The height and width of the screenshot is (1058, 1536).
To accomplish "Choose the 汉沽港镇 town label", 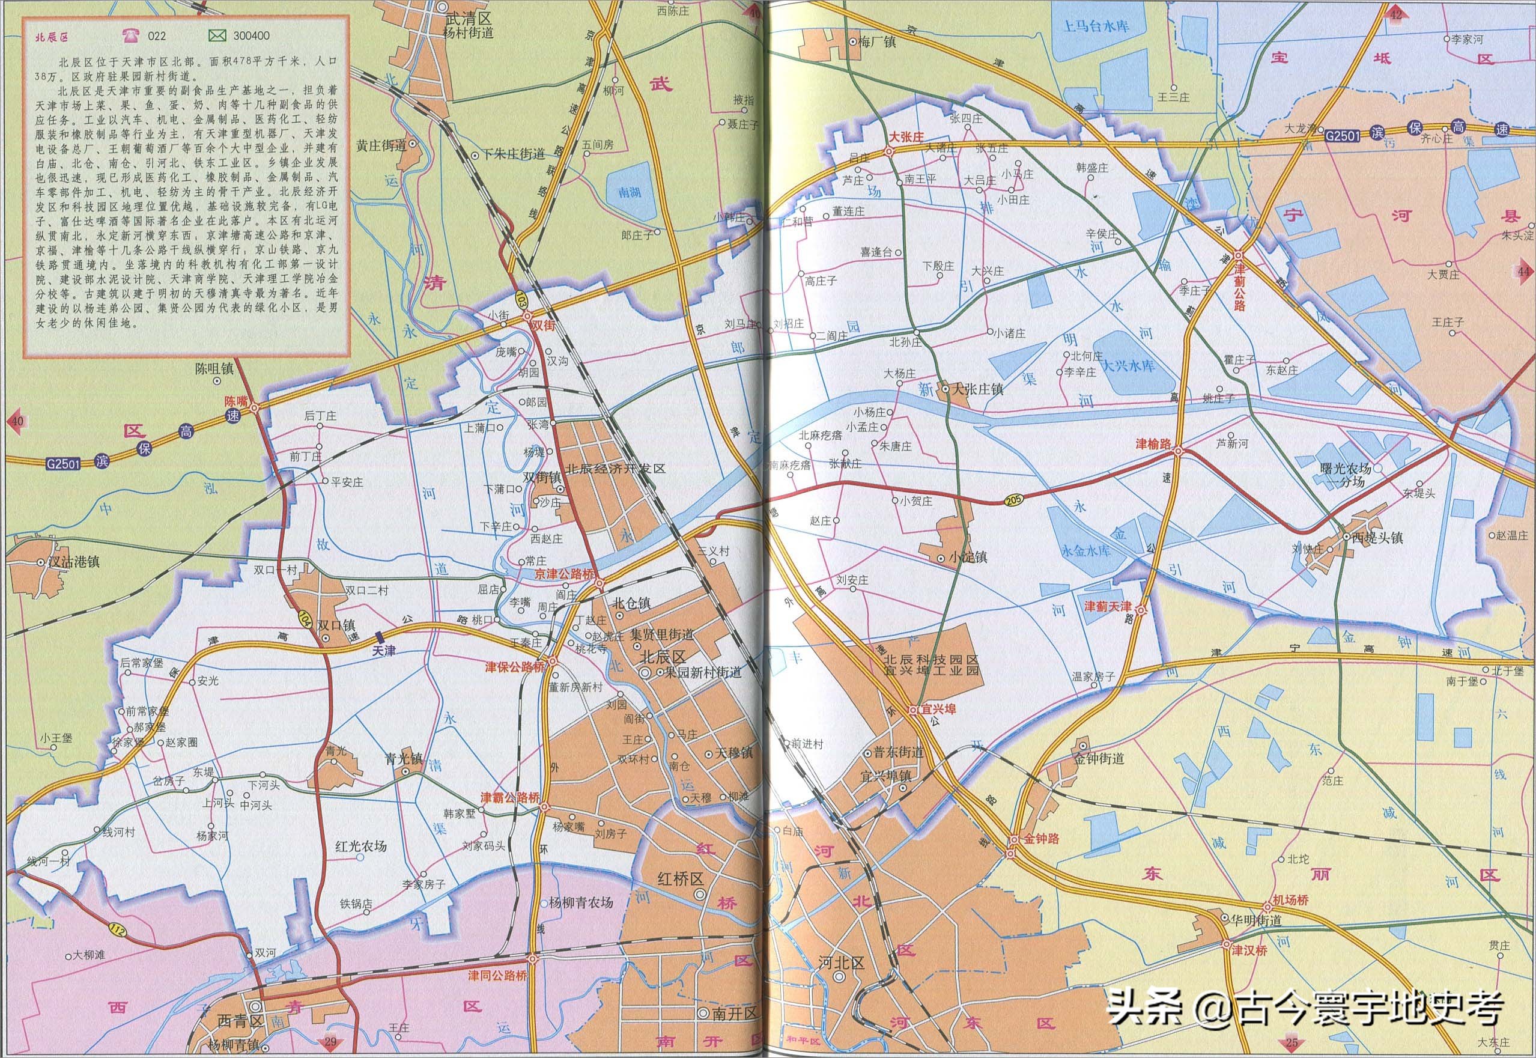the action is click(x=74, y=562).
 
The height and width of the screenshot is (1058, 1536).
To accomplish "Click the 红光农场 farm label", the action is click(x=361, y=846).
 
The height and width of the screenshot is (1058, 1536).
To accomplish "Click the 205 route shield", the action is click(x=1014, y=498).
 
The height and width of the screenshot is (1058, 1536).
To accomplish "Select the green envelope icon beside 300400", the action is click(x=216, y=35).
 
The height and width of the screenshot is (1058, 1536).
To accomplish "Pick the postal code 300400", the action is click(x=251, y=36).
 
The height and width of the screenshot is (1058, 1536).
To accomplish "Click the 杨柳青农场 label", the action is click(x=581, y=902).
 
